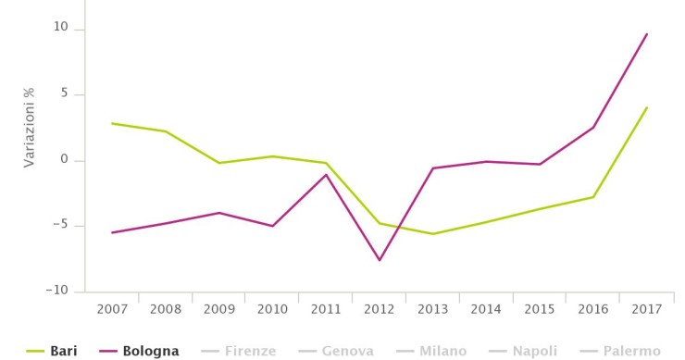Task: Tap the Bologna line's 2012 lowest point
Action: point(380,260)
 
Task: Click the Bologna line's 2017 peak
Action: point(647,33)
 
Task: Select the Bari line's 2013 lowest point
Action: point(433,234)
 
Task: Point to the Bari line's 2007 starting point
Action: point(111,123)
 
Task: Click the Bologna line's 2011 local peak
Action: point(326,175)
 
